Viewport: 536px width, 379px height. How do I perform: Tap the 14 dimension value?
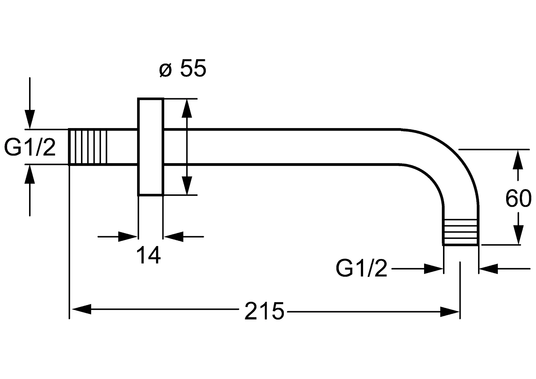point(148,255)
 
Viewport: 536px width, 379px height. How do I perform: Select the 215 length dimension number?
point(264,311)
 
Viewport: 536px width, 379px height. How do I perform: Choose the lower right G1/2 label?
point(361,268)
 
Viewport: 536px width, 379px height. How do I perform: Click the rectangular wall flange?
point(150,147)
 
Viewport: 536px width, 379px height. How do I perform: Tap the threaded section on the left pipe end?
point(88,147)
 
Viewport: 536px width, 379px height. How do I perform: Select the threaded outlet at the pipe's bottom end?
point(460,232)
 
